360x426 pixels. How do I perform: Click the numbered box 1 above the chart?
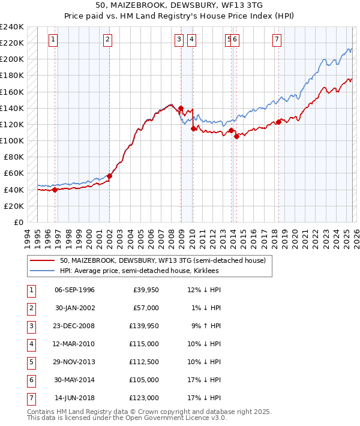[53, 40]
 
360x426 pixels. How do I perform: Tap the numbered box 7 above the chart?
[277, 40]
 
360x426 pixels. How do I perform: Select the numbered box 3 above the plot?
[179, 40]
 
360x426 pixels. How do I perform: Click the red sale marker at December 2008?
[181, 108]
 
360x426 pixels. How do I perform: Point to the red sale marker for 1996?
[55, 190]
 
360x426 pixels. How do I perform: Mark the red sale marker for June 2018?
[278, 122]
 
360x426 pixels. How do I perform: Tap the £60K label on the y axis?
[13, 173]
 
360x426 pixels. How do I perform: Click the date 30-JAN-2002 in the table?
[74, 308]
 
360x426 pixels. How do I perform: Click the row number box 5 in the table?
[31, 362]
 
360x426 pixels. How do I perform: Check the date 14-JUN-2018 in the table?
[74, 398]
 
